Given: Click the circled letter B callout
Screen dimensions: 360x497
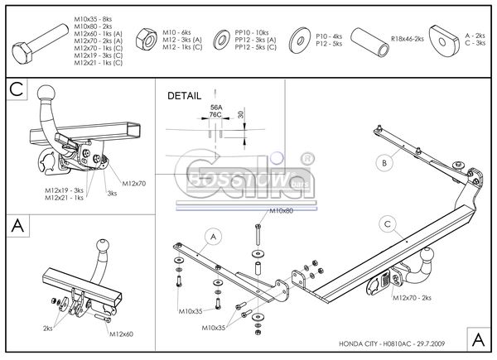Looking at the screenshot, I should [x=382, y=162].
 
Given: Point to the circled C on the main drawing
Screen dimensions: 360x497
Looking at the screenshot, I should [x=387, y=222].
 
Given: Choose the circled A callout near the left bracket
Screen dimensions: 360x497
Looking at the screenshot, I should [x=211, y=238].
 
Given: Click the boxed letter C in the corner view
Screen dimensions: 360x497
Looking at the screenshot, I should [x=17, y=89].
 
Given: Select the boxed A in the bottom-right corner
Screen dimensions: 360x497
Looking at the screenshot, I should [x=478, y=338].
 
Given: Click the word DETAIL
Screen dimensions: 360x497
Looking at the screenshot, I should [x=184, y=96].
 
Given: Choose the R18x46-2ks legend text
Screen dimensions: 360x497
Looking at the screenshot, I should [x=408, y=39].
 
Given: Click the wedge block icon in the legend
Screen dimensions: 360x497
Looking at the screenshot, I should [x=448, y=39].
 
